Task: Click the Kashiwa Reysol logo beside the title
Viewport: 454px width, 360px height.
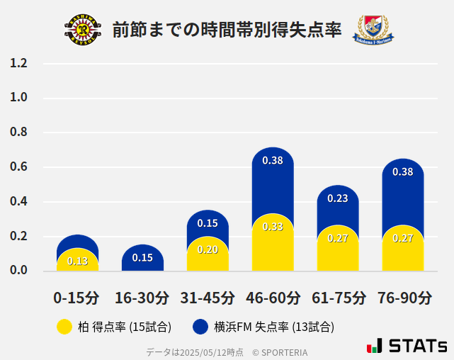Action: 83,30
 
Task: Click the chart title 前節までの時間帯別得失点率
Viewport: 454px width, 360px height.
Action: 227,30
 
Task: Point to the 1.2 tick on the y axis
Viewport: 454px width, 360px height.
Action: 18,64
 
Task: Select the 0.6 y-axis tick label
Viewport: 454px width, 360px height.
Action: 18,167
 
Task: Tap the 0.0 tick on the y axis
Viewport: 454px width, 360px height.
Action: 18,271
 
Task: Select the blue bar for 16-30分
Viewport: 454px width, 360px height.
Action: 142,258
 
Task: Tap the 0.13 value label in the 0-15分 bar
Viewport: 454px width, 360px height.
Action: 77,261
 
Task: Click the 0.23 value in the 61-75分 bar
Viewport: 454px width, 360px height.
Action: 338,198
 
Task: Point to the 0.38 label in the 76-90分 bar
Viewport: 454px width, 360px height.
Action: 403,171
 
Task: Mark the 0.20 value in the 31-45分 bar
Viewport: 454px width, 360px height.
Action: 208,249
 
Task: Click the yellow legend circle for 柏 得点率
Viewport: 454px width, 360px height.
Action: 64,327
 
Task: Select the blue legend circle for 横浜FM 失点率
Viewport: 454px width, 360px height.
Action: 200,327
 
